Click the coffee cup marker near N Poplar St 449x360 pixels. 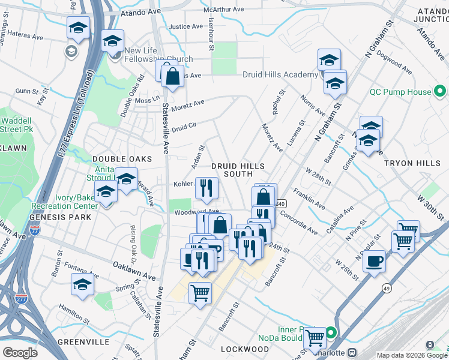[x=375, y=262]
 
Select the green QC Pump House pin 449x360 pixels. [x=440, y=92]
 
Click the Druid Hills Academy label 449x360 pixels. [x=280, y=74]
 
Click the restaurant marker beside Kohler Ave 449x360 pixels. [x=206, y=188]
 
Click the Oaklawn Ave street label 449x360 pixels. [x=134, y=270]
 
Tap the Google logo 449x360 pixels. [x=20, y=353]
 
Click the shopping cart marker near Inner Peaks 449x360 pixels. [x=315, y=338]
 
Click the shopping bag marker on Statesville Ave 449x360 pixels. [x=172, y=76]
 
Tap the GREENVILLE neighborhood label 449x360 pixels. [x=83, y=341]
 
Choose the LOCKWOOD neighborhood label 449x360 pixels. [x=244, y=349]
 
